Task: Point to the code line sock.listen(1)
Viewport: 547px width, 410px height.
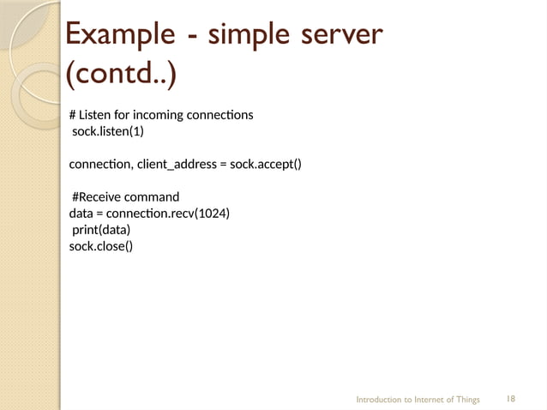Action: pos(107,131)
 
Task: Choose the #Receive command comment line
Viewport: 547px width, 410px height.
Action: pos(125,197)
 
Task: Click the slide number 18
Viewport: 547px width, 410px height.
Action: pos(511,399)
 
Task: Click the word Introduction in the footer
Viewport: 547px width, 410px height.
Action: pos(379,400)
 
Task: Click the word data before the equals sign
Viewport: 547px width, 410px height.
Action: pos(81,214)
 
